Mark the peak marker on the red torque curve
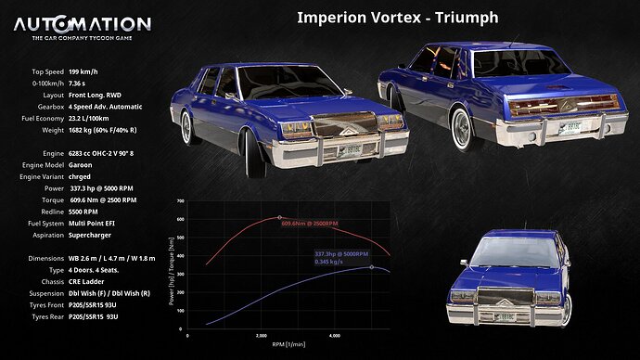point(280,217)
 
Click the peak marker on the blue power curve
point(372,267)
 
